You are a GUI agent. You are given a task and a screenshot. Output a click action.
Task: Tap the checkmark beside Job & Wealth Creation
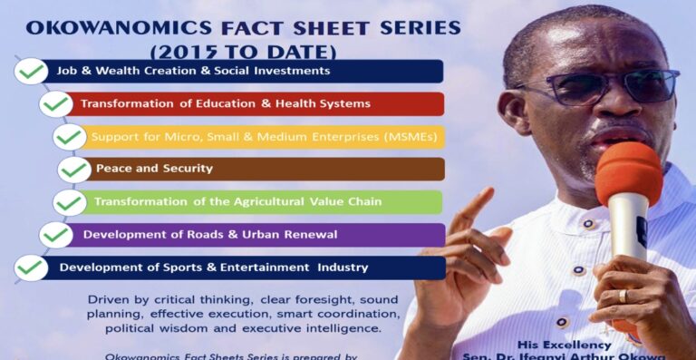(33, 71)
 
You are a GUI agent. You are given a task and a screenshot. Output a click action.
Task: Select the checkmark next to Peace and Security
(75, 169)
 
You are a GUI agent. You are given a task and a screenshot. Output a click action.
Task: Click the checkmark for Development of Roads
(56, 235)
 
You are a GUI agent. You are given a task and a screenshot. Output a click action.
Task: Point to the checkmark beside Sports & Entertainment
(32, 268)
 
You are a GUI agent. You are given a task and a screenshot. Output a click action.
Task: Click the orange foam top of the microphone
(628, 173)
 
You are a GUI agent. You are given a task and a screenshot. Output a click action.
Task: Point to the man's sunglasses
(598, 87)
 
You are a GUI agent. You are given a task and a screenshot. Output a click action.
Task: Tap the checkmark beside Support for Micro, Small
(70, 137)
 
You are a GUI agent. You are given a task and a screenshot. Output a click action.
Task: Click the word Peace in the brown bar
(113, 169)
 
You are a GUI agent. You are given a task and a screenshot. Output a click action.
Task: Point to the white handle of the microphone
(626, 231)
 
